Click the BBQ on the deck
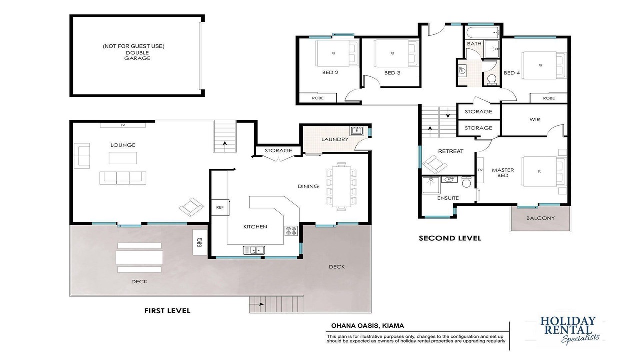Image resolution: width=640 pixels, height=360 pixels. tap(199, 242)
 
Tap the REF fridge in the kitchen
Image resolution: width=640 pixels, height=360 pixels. tap(220, 207)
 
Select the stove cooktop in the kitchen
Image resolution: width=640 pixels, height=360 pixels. tap(291, 231)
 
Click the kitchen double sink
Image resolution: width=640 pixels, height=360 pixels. tap(254, 250)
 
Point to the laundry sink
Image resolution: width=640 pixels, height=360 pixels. tap(357, 131)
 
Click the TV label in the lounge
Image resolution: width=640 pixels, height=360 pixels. tap(123, 125)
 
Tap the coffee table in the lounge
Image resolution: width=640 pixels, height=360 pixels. tap(123, 158)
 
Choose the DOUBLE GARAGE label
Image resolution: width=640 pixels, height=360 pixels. tap(137, 55)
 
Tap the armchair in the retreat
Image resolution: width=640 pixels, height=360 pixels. tap(434, 164)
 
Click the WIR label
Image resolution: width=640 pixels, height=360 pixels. tap(535, 119)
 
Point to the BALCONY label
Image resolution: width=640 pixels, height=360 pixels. tap(540, 218)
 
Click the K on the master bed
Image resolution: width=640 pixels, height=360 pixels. tap(539, 171)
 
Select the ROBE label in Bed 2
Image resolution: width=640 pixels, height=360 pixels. tap(318, 98)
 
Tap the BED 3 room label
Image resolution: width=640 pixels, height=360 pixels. tap(392, 73)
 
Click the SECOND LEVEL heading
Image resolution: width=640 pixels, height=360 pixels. tap(450, 238)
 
